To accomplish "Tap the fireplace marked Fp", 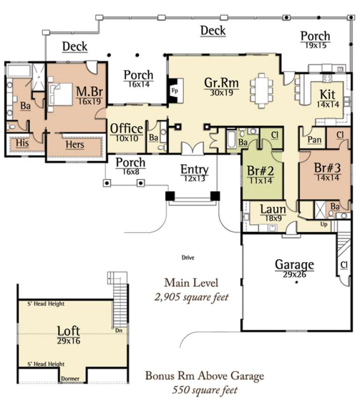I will point(175,90).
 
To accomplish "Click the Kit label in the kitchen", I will point(327,93).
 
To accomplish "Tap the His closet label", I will point(22,144).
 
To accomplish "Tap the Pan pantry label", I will point(314,140).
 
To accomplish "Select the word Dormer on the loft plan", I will point(69,378).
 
